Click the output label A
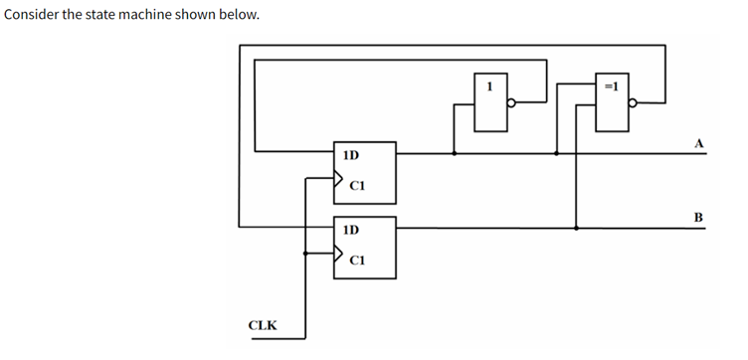[x=698, y=143]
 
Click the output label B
[x=698, y=217]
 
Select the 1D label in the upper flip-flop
[x=350, y=155]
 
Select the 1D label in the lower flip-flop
[x=350, y=230]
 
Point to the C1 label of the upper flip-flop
[x=359, y=185]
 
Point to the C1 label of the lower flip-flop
[x=359, y=260]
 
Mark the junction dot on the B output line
[x=577, y=228]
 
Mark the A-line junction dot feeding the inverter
[x=456, y=153]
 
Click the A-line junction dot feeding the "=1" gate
[x=556, y=153]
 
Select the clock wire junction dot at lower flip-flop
[x=304, y=254]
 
